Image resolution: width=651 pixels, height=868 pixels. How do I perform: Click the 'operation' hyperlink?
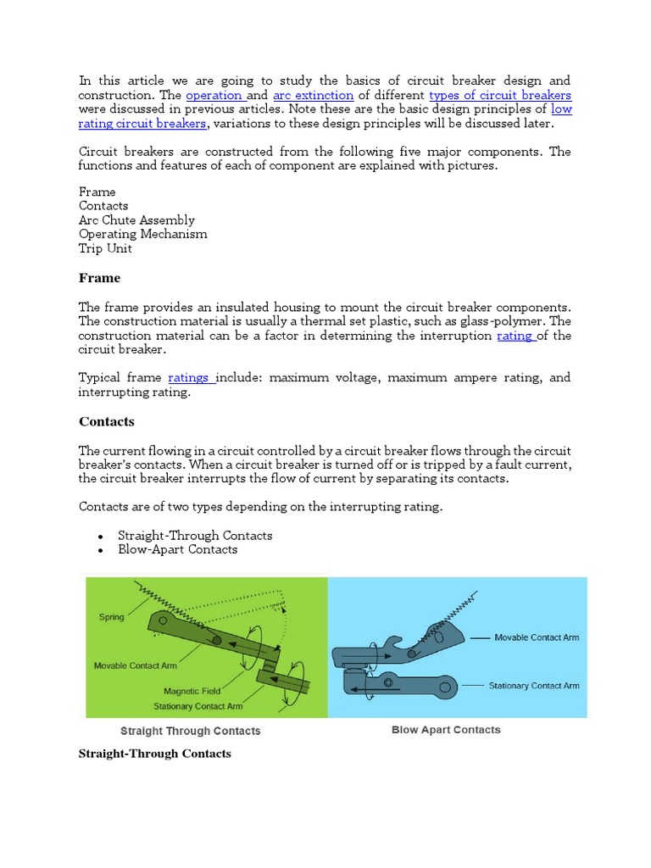pyautogui.click(x=214, y=95)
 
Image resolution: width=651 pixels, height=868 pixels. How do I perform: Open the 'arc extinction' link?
pyautogui.click(x=313, y=95)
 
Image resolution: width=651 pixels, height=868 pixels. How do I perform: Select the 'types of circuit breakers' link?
pyautogui.click(x=500, y=95)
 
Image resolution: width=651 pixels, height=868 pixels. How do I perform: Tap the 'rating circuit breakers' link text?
pyautogui.click(x=142, y=124)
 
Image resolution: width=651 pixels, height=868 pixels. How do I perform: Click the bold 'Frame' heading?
pyautogui.click(x=99, y=278)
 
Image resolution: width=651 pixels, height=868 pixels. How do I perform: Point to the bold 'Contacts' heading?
pyautogui.click(x=107, y=421)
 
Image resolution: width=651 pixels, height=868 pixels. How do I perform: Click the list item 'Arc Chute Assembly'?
pyautogui.click(x=136, y=220)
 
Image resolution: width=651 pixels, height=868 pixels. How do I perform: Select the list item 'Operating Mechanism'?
pyautogui.click(x=142, y=234)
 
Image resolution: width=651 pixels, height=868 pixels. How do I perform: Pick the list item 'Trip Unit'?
pyautogui.click(x=105, y=248)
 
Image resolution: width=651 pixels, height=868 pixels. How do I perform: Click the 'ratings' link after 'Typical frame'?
pyautogui.click(x=192, y=377)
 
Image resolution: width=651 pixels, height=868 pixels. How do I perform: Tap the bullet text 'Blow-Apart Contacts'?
pyautogui.click(x=178, y=549)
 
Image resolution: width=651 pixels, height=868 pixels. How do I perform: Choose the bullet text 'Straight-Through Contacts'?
pyautogui.click(x=195, y=536)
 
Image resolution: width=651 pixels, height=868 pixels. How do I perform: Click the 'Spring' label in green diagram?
pyautogui.click(x=111, y=617)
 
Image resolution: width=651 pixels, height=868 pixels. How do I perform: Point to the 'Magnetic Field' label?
pyautogui.click(x=192, y=691)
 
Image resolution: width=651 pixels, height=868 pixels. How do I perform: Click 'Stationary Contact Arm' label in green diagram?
pyautogui.click(x=198, y=706)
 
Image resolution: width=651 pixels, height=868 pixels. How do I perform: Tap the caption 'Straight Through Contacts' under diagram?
pyautogui.click(x=191, y=731)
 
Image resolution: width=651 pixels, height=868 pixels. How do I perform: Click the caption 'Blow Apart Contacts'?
pyautogui.click(x=446, y=730)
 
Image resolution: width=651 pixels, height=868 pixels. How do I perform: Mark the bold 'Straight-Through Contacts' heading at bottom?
pyautogui.click(x=154, y=754)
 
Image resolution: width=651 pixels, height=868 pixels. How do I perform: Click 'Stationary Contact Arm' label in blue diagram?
pyautogui.click(x=534, y=685)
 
